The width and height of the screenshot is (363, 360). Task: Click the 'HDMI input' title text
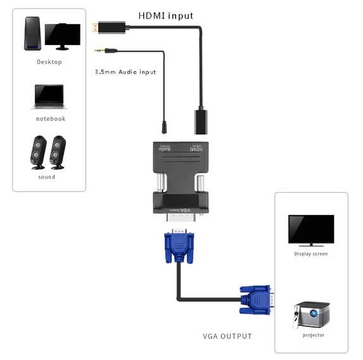click(x=166, y=15)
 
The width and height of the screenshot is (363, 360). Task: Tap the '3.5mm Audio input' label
click(x=125, y=72)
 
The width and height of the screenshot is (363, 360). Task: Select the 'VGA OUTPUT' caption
click(x=227, y=336)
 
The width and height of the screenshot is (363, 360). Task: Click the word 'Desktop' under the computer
click(x=49, y=61)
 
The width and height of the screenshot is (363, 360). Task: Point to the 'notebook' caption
click(x=50, y=119)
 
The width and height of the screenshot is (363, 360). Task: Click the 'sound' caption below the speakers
click(x=47, y=177)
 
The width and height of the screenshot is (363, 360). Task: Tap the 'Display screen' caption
click(x=310, y=254)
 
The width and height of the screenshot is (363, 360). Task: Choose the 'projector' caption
click(x=313, y=335)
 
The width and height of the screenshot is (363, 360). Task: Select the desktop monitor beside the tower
click(x=62, y=36)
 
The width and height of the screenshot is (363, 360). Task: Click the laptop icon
click(x=49, y=96)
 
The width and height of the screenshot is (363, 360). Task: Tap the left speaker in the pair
click(x=38, y=152)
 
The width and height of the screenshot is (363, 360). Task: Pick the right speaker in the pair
click(x=58, y=152)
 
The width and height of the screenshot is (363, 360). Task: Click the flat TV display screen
click(x=310, y=228)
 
